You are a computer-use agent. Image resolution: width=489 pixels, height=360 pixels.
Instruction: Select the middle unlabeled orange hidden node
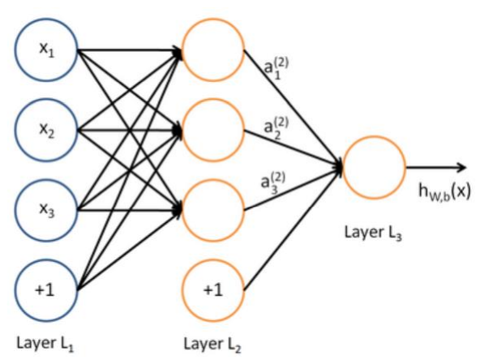click(x=213, y=127)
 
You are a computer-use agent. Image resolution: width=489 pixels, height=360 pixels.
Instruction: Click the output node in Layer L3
click(x=374, y=167)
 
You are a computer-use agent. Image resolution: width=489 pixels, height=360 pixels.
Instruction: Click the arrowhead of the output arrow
click(x=462, y=168)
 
